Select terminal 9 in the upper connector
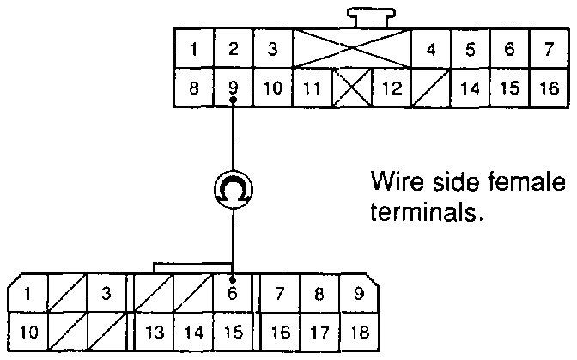233,88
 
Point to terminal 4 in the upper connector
431,49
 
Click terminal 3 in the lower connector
106,293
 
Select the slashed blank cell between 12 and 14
430,88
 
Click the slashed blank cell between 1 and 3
66,293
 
